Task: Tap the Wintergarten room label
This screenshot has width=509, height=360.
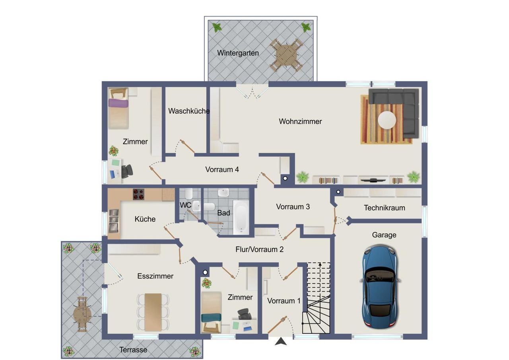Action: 238,53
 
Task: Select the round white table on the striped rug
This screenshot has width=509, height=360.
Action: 387,120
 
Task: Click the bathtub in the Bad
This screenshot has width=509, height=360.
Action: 241,217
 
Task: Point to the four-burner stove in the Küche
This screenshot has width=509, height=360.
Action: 138,195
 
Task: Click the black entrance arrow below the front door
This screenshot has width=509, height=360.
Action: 281,341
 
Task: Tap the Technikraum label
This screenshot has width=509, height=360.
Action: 385,208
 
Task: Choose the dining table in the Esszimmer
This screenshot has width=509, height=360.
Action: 153,312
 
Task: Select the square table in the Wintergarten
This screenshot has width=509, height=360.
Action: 286,55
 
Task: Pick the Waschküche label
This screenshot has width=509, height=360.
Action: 189,111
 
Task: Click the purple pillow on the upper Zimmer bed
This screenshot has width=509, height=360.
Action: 118,103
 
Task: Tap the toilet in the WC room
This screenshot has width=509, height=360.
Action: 189,193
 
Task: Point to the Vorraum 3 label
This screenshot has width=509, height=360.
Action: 293,206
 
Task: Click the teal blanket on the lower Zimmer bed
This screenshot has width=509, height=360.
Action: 211,317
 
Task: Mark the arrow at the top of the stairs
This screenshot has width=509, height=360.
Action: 320,264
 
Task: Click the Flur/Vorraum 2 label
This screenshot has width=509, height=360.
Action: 260,249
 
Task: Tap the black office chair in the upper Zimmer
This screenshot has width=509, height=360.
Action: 127,171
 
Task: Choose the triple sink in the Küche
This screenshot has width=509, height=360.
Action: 114,221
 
